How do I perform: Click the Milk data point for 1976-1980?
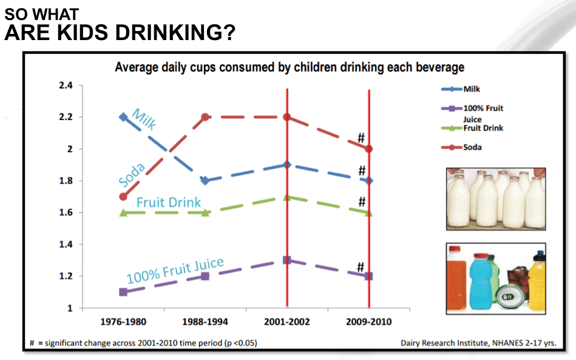click(123, 117)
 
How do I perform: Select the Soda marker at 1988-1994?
click(206, 117)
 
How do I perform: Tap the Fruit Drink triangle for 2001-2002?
click(287, 197)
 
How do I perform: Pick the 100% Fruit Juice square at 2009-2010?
click(368, 276)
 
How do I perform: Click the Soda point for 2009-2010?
click(368, 149)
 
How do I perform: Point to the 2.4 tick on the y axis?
click(66, 86)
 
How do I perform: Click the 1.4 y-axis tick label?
click(66, 244)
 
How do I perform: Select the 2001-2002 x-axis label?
click(287, 322)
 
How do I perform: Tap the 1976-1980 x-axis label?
click(123, 322)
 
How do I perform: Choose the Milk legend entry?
click(471, 89)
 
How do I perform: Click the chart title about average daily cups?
click(289, 67)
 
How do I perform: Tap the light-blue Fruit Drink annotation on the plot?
click(169, 202)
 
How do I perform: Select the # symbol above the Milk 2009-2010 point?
click(362, 171)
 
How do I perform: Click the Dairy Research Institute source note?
click(478, 342)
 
